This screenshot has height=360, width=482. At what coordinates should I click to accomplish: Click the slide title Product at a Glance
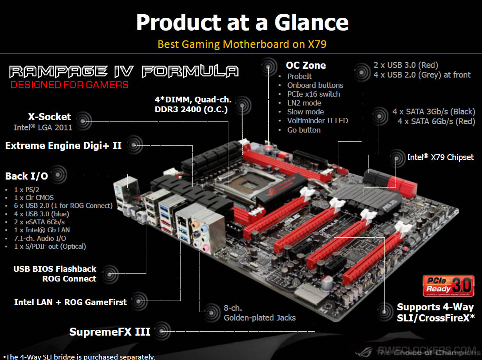point(242,22)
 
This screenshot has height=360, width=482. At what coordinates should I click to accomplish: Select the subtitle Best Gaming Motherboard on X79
point(245,44)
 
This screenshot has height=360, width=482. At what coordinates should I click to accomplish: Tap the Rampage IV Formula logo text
point(124,71)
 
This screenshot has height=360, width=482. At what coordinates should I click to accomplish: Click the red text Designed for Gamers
point(70,84)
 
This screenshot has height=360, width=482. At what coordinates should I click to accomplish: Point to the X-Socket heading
point(49,117)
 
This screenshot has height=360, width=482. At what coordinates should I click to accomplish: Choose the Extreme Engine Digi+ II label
point(63,145)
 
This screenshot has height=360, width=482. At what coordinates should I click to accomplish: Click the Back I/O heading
point(27,176)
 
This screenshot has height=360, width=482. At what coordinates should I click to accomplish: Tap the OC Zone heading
point(306,65)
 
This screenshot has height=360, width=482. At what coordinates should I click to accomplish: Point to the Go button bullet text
point(304,130)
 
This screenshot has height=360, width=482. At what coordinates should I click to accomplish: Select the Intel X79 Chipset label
point(440,157)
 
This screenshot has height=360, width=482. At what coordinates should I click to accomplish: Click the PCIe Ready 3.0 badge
point(448,286)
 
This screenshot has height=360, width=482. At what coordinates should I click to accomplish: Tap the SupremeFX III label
point(110,332)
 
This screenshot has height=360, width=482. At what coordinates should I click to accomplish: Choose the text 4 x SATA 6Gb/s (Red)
point(436,121)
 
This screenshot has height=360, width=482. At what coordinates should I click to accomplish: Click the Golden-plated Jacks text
point(259,317)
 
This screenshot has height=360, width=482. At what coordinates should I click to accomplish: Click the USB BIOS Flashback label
point(55,269)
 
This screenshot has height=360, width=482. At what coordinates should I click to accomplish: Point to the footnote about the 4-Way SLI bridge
point(80,356)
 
